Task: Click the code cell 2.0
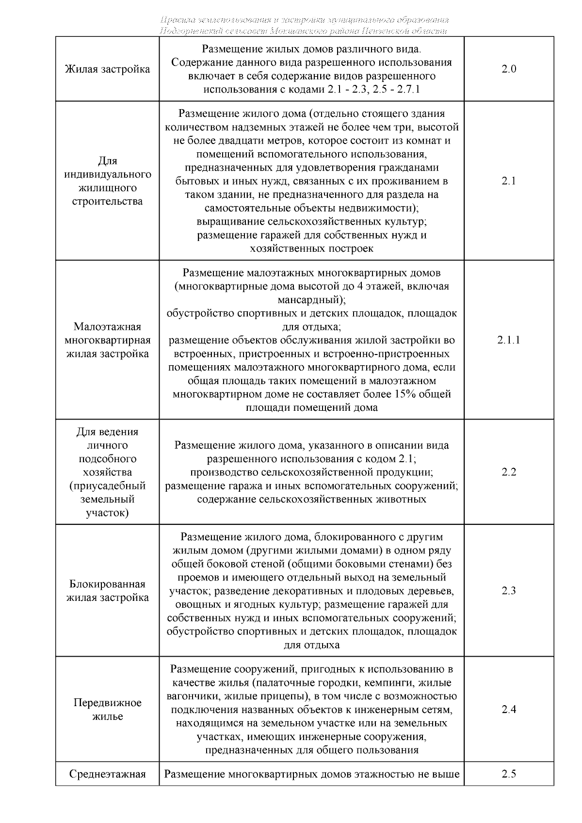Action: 508,69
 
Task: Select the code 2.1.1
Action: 508,340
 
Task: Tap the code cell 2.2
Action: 508,472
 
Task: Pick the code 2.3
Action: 508,591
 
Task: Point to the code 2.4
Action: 508,710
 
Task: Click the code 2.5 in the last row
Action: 508,774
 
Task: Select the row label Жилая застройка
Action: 107,69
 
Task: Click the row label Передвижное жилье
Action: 107,710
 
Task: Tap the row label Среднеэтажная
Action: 107,774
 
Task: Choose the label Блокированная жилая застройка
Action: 107,591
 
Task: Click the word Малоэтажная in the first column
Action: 107,326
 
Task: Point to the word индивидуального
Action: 107,174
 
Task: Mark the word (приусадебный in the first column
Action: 107,486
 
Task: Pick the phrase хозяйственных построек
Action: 311,249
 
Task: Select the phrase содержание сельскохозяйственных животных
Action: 311,499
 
